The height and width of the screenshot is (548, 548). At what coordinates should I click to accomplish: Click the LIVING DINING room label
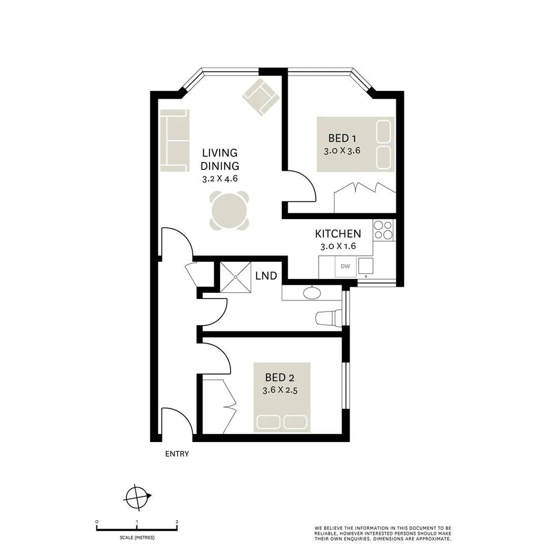coord(219,159)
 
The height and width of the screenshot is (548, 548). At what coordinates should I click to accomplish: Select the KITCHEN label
coord(338,234)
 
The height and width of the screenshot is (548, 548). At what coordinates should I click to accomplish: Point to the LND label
coord(266,276)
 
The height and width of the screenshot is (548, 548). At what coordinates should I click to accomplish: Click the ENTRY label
coord(177,454)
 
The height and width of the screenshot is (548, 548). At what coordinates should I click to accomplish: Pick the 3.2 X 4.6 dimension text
coord(219,179)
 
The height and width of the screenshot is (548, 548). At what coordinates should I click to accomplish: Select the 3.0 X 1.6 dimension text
coord(338,247)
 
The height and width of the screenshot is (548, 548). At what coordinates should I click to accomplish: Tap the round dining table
coord(229,211)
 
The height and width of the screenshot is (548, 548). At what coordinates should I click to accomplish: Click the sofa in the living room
coord(175,141)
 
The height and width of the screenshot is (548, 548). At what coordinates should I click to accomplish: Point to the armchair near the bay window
coord(261,96)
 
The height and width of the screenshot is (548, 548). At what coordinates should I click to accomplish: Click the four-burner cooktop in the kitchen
coord(383,229)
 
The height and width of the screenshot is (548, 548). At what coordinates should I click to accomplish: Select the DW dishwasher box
coord(345,266)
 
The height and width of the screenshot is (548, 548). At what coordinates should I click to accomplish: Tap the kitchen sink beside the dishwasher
coord(365,266)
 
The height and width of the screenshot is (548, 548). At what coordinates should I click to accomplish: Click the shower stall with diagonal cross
coord(236,277)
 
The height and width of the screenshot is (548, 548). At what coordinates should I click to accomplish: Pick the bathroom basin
coord(311,293)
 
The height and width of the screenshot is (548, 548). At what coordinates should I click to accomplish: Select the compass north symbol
coord(138,496)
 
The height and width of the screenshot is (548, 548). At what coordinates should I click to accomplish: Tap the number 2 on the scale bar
coord(177,522)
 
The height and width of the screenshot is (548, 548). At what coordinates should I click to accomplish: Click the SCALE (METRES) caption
coord(136,537)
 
